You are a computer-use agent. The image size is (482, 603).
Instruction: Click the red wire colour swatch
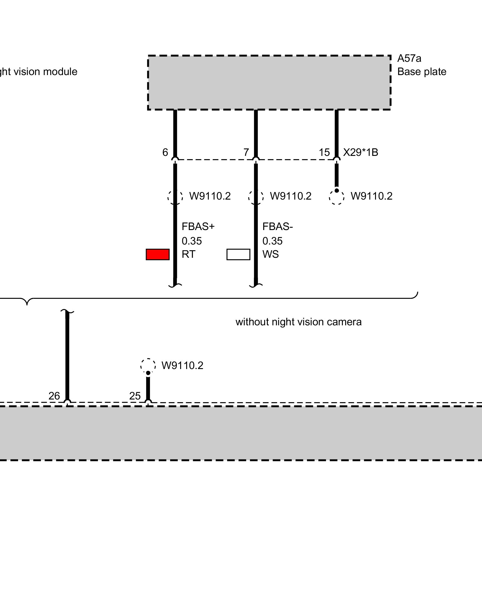coord(158,254)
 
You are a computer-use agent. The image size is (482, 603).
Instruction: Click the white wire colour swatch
coord(238,254)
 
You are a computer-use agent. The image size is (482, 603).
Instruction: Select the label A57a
coord(409,58)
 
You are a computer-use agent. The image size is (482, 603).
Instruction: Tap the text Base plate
coord(422,72)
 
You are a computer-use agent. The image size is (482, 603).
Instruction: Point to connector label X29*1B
coord(361,152)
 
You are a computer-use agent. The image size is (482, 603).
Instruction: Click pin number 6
coord(165,152)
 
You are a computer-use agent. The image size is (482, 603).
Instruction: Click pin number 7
coord(246,152)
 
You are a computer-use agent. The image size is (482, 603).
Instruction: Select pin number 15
coord(324,152)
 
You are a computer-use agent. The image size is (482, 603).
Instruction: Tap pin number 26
coord(54,396)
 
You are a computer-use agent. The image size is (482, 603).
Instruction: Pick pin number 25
coord(135,396)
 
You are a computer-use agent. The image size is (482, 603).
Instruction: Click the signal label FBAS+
coord(198,226)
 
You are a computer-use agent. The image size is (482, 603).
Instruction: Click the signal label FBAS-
coord(277,226)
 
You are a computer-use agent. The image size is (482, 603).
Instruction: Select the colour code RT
coord(189,254)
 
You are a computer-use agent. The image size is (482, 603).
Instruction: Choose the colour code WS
coord(271,254)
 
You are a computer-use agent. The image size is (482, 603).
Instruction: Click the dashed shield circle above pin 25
coord(148,366)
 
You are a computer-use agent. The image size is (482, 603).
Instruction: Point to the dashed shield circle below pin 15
coord(337,197)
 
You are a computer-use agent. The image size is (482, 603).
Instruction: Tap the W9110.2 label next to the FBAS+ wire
coord(210,196)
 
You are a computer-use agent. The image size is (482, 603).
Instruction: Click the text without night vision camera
coord(299,322)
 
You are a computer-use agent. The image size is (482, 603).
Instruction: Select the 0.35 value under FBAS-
coord(272,241)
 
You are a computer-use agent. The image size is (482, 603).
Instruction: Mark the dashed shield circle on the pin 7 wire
coord(256,197)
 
